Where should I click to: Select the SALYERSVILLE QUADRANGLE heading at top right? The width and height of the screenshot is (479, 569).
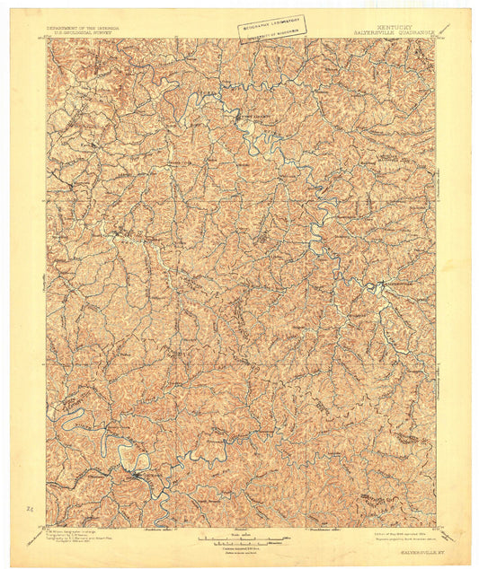click(x=395, y=33)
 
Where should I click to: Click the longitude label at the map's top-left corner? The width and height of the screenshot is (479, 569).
click(x=49, y=38)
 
